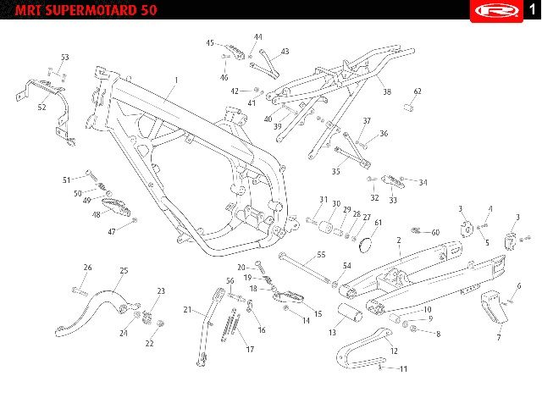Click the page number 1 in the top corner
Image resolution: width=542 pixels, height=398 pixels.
pos(528,9)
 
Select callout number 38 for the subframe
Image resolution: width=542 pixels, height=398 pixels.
pos(386,91)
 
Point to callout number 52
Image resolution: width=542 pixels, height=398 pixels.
pos(41,108)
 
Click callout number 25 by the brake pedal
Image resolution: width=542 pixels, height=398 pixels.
pos(124,270)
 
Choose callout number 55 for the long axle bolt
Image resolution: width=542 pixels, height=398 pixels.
pos(321,254)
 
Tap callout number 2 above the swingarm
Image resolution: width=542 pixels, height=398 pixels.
pos(398,240)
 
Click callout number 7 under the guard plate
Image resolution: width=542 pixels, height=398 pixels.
pos(498,338)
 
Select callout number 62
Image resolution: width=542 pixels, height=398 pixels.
pos(418,91)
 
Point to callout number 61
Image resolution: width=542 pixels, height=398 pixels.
pos(379,223)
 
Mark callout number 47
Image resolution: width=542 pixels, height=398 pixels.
pos(111,231)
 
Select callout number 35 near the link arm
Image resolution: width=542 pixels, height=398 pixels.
pos(336,171)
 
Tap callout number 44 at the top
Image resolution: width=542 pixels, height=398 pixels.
pos(258,37)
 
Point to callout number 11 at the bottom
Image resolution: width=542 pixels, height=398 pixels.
pos(404,369)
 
